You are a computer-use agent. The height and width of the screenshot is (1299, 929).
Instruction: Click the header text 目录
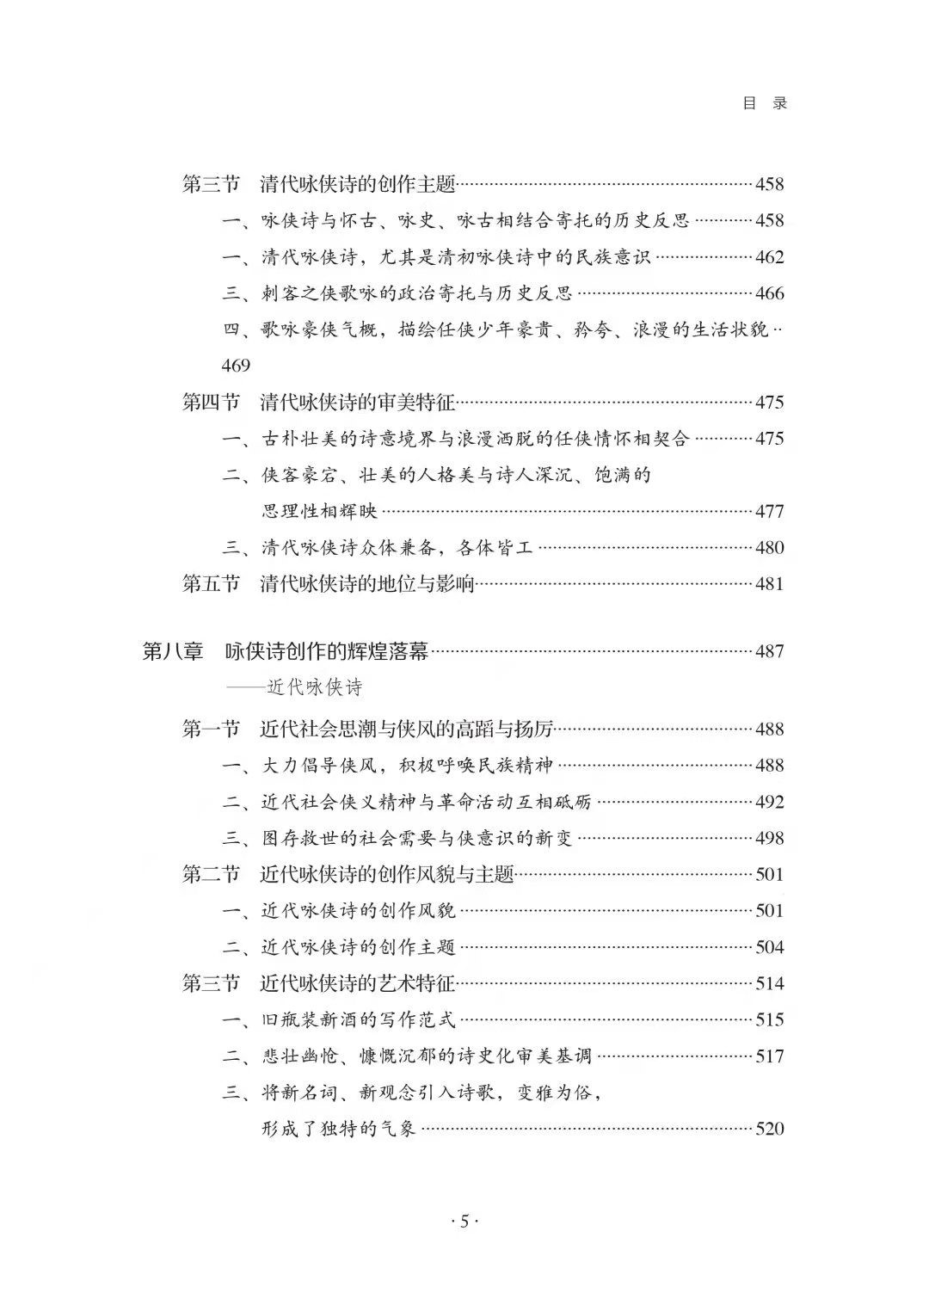pyautogui.click(x=765, y=103)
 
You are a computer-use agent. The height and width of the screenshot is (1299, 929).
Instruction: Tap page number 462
pyautogui.click(x=769, y=257)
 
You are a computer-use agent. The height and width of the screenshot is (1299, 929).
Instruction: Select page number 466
pyautogui.click(x=769, y=293)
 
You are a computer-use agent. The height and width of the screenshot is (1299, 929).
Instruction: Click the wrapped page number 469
pyautogui.click(x=236, y=366)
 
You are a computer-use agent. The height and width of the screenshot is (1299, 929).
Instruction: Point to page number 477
pyautogui.click(x=769, y=512)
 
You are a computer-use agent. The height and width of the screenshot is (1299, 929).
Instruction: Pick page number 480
pyautogui.click(x=769, y=548)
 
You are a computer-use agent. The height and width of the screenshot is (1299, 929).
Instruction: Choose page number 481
pyautogui.click(x=769, y=584)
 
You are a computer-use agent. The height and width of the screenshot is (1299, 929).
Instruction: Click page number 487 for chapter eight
pyautogui.click(x=769, y=651)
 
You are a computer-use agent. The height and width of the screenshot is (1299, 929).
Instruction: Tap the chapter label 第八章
pyautogui.click(x=173, y=651)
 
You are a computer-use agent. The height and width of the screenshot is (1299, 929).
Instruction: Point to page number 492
pyautogui.click(x=769, y=802)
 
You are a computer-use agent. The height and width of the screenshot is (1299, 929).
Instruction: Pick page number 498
pyautogui.click(x=769, y=838)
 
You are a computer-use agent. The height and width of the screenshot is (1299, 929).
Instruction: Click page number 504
pyautogui.click(x=769, y=947)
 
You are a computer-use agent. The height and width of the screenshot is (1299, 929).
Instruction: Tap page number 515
pyautogui.click(x=769, y=1019)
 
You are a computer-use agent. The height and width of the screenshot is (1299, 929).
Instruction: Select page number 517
pyautogui.click(x=769, y=1056)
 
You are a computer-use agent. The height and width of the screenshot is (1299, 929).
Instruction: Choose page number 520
pyautogui.click(x=769, y=1129)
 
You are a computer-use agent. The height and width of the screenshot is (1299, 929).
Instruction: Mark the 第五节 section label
pyautogui.click(x=211, y=584)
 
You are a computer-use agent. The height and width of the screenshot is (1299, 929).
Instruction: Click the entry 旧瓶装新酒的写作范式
pyautogui.click(x=359, y=1020)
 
